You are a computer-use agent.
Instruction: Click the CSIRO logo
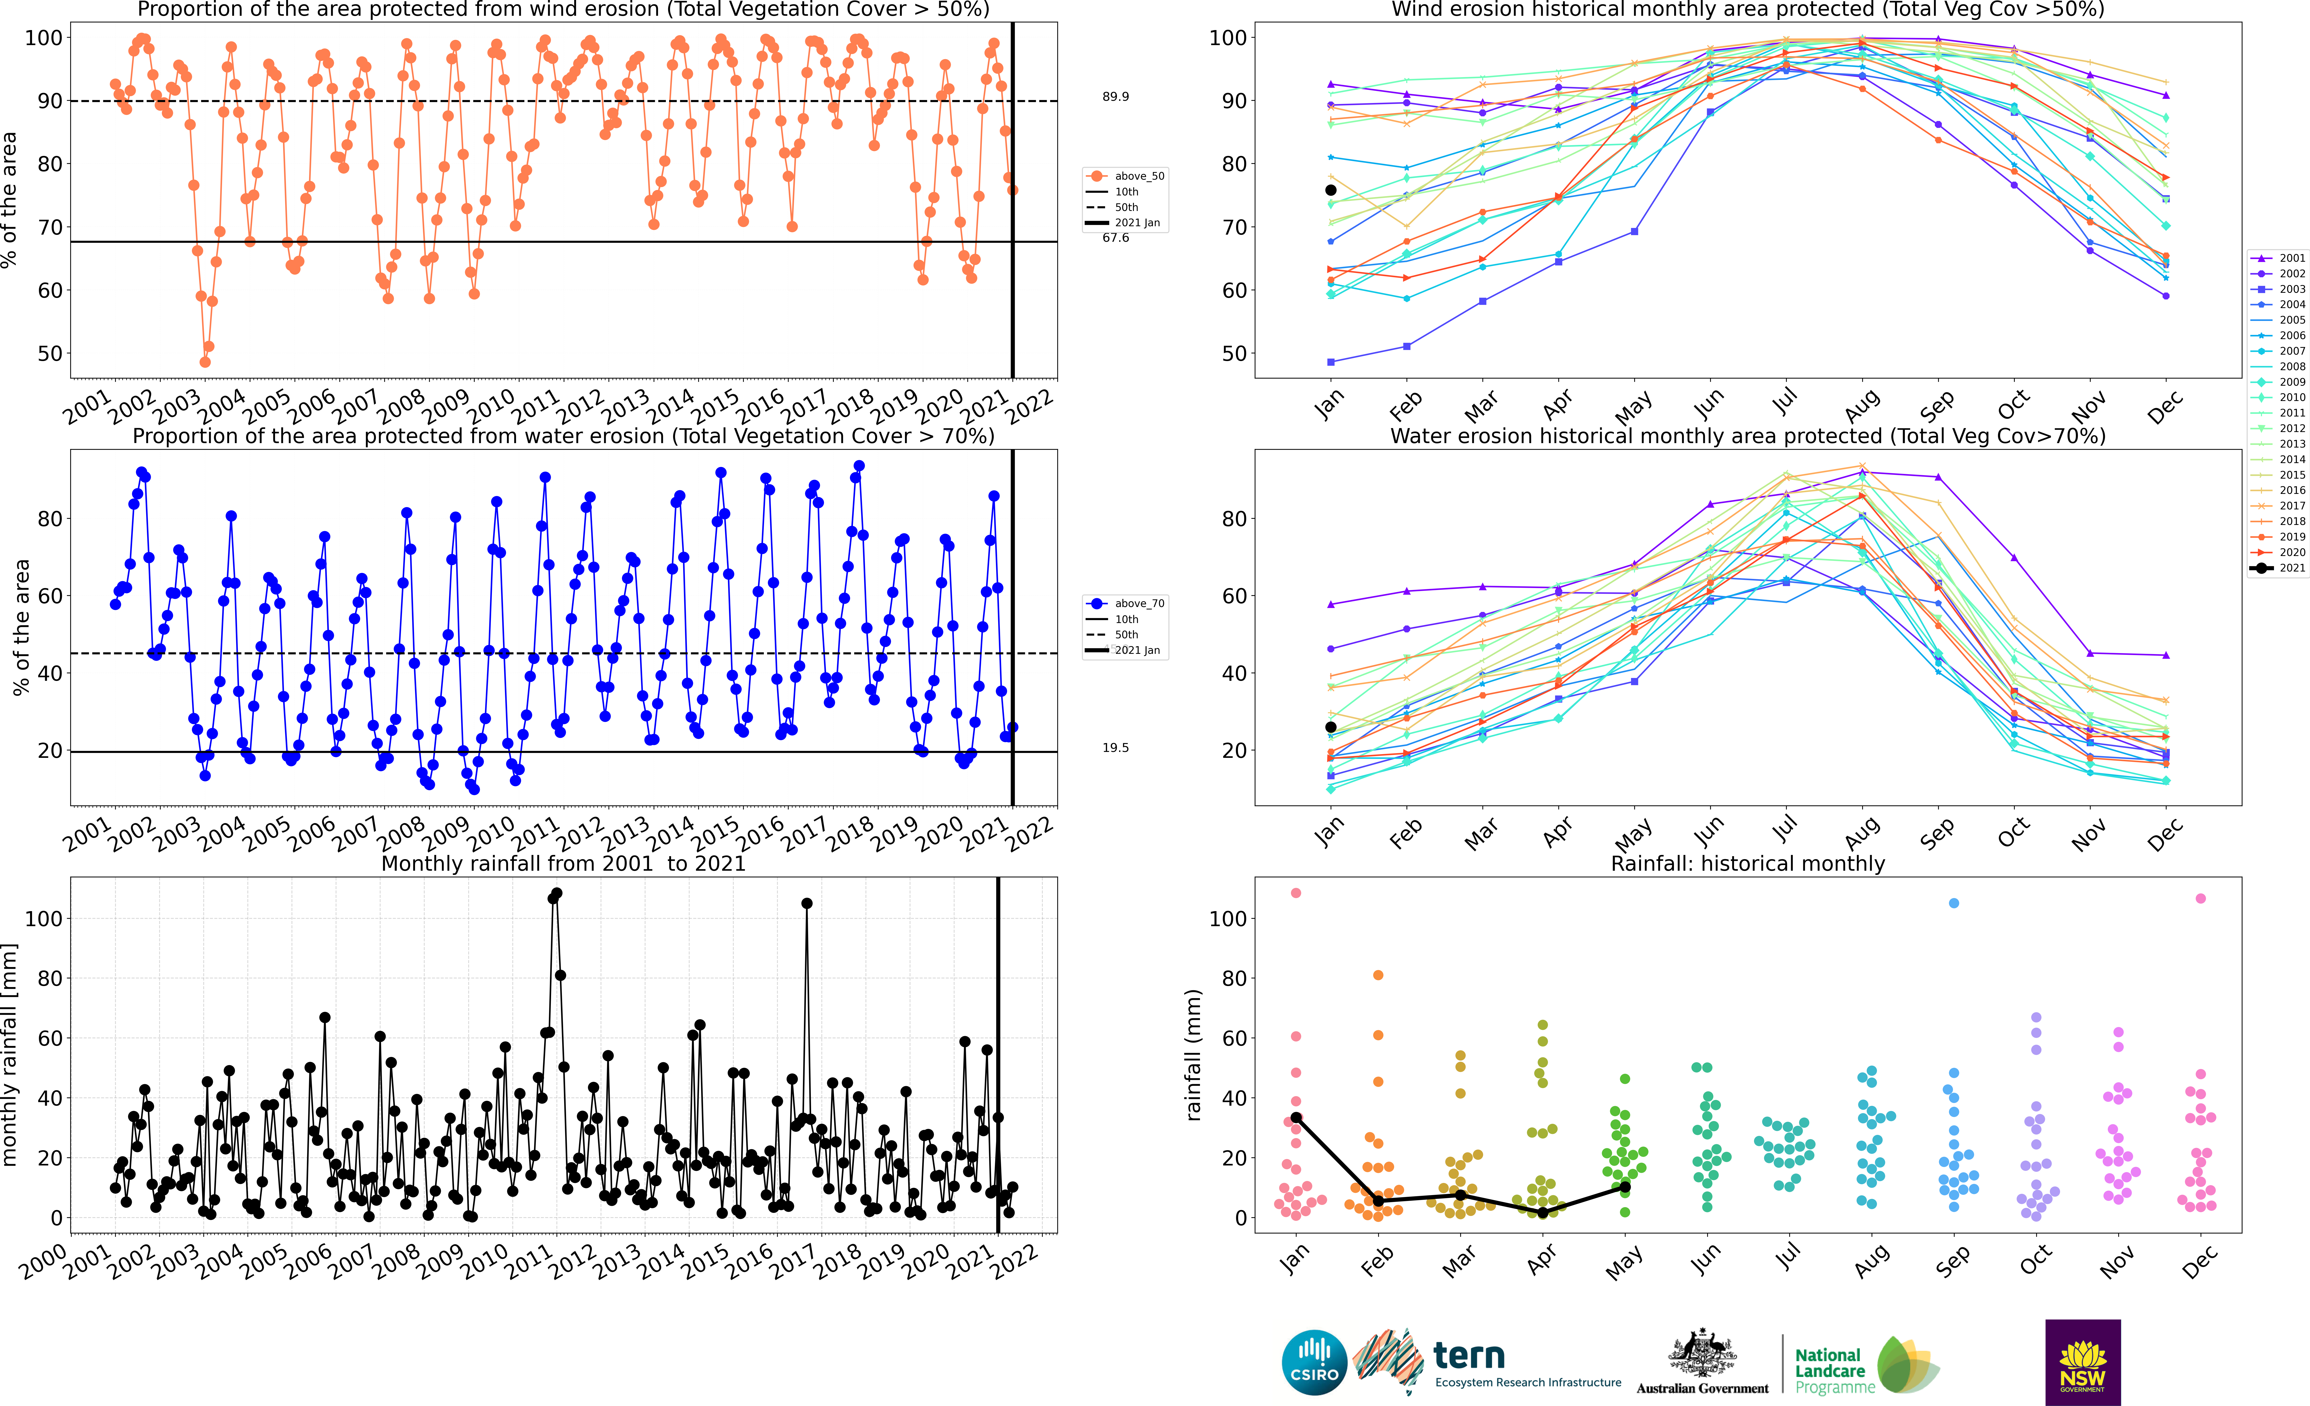pos(1314,1362)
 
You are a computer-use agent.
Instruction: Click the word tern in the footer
pos(1469,1355)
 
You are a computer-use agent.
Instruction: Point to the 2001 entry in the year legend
pos(2278,258)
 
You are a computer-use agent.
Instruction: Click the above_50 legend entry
pos(1125,176)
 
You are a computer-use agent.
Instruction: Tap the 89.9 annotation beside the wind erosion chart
pos(1116,97)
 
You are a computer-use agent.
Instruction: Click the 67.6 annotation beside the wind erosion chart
pos(1116,238)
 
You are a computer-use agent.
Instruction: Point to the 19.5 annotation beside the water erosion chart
pos(1116,748)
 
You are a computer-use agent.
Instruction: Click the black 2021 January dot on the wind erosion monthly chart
pos(1330,190)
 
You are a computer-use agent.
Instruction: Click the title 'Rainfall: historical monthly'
pos(1748,863)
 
